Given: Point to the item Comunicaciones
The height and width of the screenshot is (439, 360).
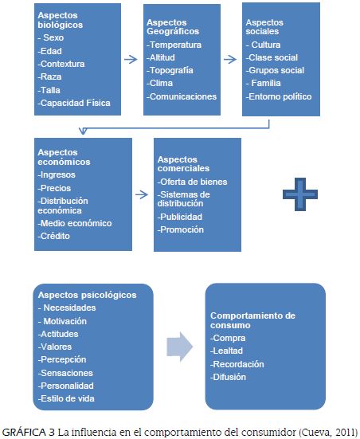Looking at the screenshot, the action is [x=182, y=96].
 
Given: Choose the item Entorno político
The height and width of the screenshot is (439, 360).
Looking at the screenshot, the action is [x=280, y=96].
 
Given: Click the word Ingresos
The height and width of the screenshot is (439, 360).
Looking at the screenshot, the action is [x=59, y=174].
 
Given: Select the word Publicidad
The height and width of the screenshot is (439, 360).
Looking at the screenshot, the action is [x=181, y=217].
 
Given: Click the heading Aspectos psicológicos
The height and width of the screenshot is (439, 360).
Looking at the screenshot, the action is [x=87, y=295].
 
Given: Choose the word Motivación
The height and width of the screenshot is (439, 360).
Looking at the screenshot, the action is [x=66, y=320].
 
